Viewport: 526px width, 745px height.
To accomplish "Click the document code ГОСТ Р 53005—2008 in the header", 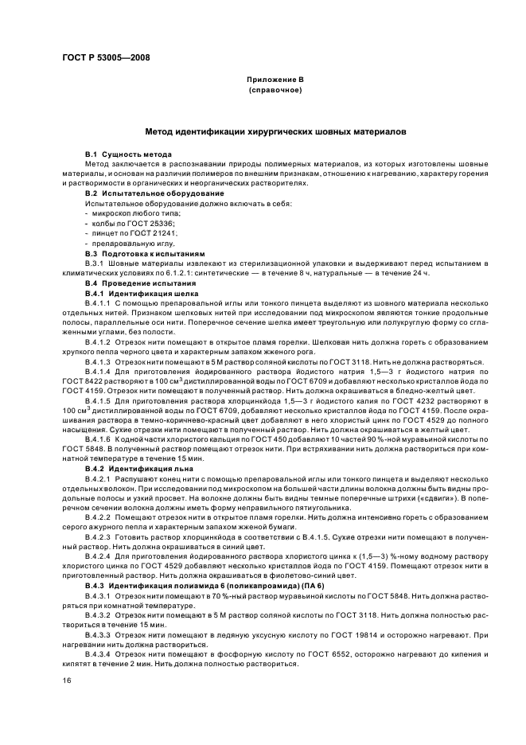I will click(x=105, y=57).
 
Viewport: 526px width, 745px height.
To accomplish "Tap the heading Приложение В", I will click(x=275, y=81).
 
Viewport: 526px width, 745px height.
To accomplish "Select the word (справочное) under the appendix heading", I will click(x=275, y=92).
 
